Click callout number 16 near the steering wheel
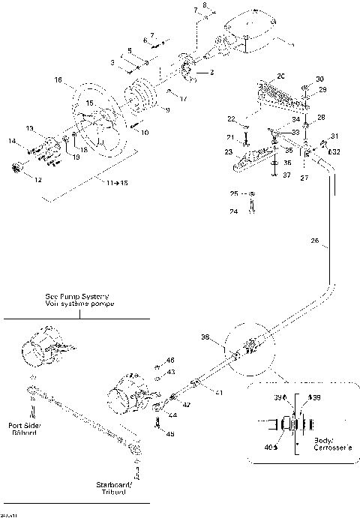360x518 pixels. point(58,79)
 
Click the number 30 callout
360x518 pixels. point(319,79)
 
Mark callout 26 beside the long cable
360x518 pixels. point(314,241)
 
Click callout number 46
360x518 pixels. point(170,361)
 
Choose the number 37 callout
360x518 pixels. point(286,175)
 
